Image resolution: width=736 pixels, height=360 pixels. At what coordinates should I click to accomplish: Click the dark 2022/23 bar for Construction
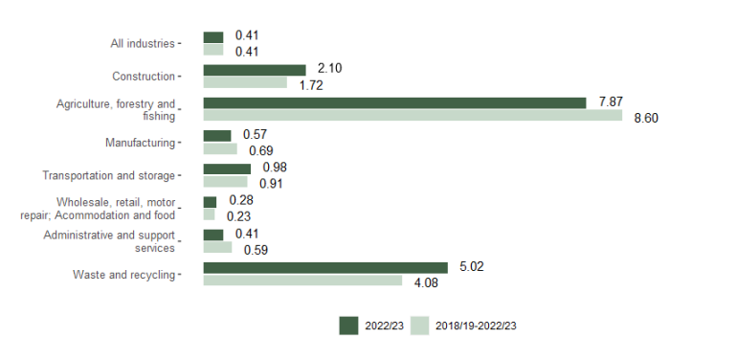point(255,70)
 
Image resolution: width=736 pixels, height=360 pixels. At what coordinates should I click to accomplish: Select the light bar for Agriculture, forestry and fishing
point(413,116)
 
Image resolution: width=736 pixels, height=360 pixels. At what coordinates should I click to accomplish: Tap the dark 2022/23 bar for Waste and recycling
point(325,267)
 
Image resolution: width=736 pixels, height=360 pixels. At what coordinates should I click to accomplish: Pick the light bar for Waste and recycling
point(302,281)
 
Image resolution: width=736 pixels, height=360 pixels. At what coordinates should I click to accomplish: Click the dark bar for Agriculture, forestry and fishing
point(394,102)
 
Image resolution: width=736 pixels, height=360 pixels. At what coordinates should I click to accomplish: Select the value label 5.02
point(472,266)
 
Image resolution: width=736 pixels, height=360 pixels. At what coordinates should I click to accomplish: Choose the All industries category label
point(143,43)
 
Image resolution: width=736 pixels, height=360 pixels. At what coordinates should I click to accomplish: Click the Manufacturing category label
point(140,143)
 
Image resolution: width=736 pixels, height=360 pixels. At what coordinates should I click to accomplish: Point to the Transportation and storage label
point(108,175)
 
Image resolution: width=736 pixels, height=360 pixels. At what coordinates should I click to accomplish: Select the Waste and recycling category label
point(123,275)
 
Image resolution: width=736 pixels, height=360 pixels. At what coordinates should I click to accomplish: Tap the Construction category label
point(144,77)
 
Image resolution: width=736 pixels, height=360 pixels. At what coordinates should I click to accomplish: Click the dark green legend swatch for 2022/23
point(348,326)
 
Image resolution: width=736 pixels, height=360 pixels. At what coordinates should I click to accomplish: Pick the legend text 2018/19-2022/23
point(476,326)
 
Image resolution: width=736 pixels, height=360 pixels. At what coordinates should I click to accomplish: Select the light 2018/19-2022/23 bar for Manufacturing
point(220,149)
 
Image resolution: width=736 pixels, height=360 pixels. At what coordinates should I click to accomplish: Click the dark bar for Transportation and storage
point(227,169)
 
